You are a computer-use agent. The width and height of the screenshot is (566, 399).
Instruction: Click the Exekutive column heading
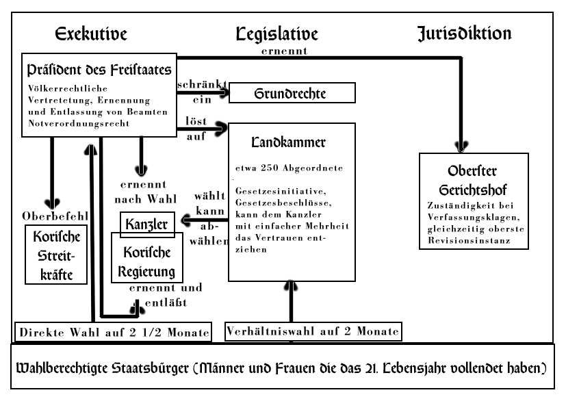pos(92,34)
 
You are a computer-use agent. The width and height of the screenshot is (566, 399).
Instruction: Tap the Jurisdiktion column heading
pos(464,34)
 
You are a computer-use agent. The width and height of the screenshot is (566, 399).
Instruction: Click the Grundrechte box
pos(292,93)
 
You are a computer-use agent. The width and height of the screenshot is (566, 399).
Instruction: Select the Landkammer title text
pos(288,143)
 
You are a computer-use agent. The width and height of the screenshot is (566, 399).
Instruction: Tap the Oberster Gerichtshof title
pos(474,179)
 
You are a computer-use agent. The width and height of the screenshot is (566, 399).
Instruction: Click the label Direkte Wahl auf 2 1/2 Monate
pos(112,332)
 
